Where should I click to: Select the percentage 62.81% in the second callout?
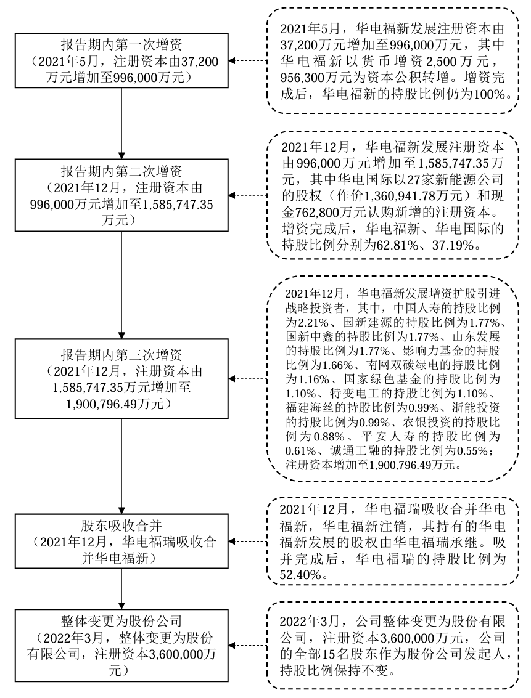coord(415,245)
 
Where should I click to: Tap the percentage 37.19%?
coord(459,245)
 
